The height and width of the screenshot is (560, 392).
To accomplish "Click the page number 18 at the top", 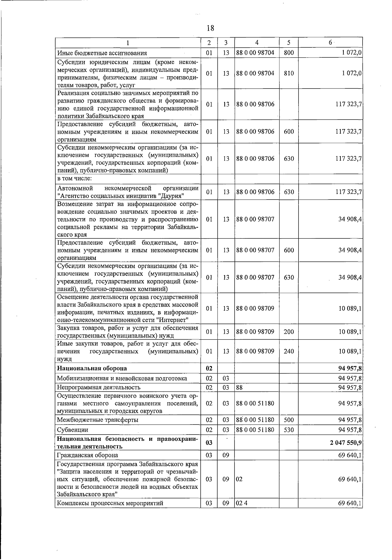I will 210,28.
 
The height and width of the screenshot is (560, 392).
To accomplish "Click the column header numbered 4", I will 257,42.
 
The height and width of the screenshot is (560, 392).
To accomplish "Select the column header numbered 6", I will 330,42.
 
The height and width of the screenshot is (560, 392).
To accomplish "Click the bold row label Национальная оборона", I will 92,368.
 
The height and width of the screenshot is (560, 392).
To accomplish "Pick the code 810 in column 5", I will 289,73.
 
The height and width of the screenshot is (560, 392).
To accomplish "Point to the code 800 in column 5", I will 289,53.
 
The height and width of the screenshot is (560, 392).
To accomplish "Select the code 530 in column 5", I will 289,430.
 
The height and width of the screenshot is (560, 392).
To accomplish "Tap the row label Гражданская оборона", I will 88,455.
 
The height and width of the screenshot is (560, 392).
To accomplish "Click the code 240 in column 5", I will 289,351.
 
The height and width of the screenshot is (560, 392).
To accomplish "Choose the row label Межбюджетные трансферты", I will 97,420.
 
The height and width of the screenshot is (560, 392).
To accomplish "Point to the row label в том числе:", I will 74,179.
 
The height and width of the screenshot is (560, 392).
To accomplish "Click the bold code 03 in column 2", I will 209,442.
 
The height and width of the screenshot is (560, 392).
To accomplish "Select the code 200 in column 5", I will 289,332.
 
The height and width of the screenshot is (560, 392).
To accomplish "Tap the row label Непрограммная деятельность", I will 99,387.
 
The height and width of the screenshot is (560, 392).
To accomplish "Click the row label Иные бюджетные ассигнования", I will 102,53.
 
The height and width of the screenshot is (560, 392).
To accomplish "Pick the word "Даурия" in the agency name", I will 171,196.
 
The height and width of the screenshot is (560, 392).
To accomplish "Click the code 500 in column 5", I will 289,420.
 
